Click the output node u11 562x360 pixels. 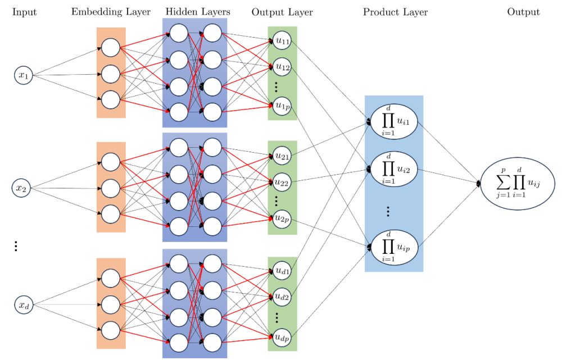tap(282, 40)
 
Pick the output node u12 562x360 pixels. tap(282, 67)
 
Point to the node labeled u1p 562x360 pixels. tap(282, 104)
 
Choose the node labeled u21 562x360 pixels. tap(282, 156)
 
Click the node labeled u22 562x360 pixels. tap(282, 182)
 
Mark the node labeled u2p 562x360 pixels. tap(282, 218)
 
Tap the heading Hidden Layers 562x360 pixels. tap(194, 12)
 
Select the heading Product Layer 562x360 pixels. tap(395, 12)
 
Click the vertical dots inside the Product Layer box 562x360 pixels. tap(389, 211)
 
